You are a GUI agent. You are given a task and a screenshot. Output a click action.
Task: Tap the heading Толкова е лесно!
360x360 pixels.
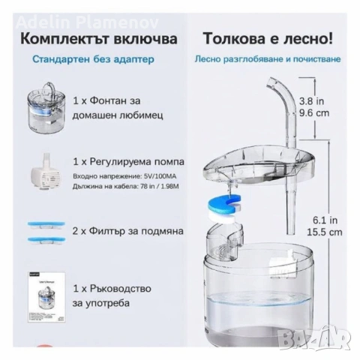tap(262, 38)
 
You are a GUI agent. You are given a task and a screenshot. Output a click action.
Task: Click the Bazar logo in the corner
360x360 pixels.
tap(330, 342)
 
